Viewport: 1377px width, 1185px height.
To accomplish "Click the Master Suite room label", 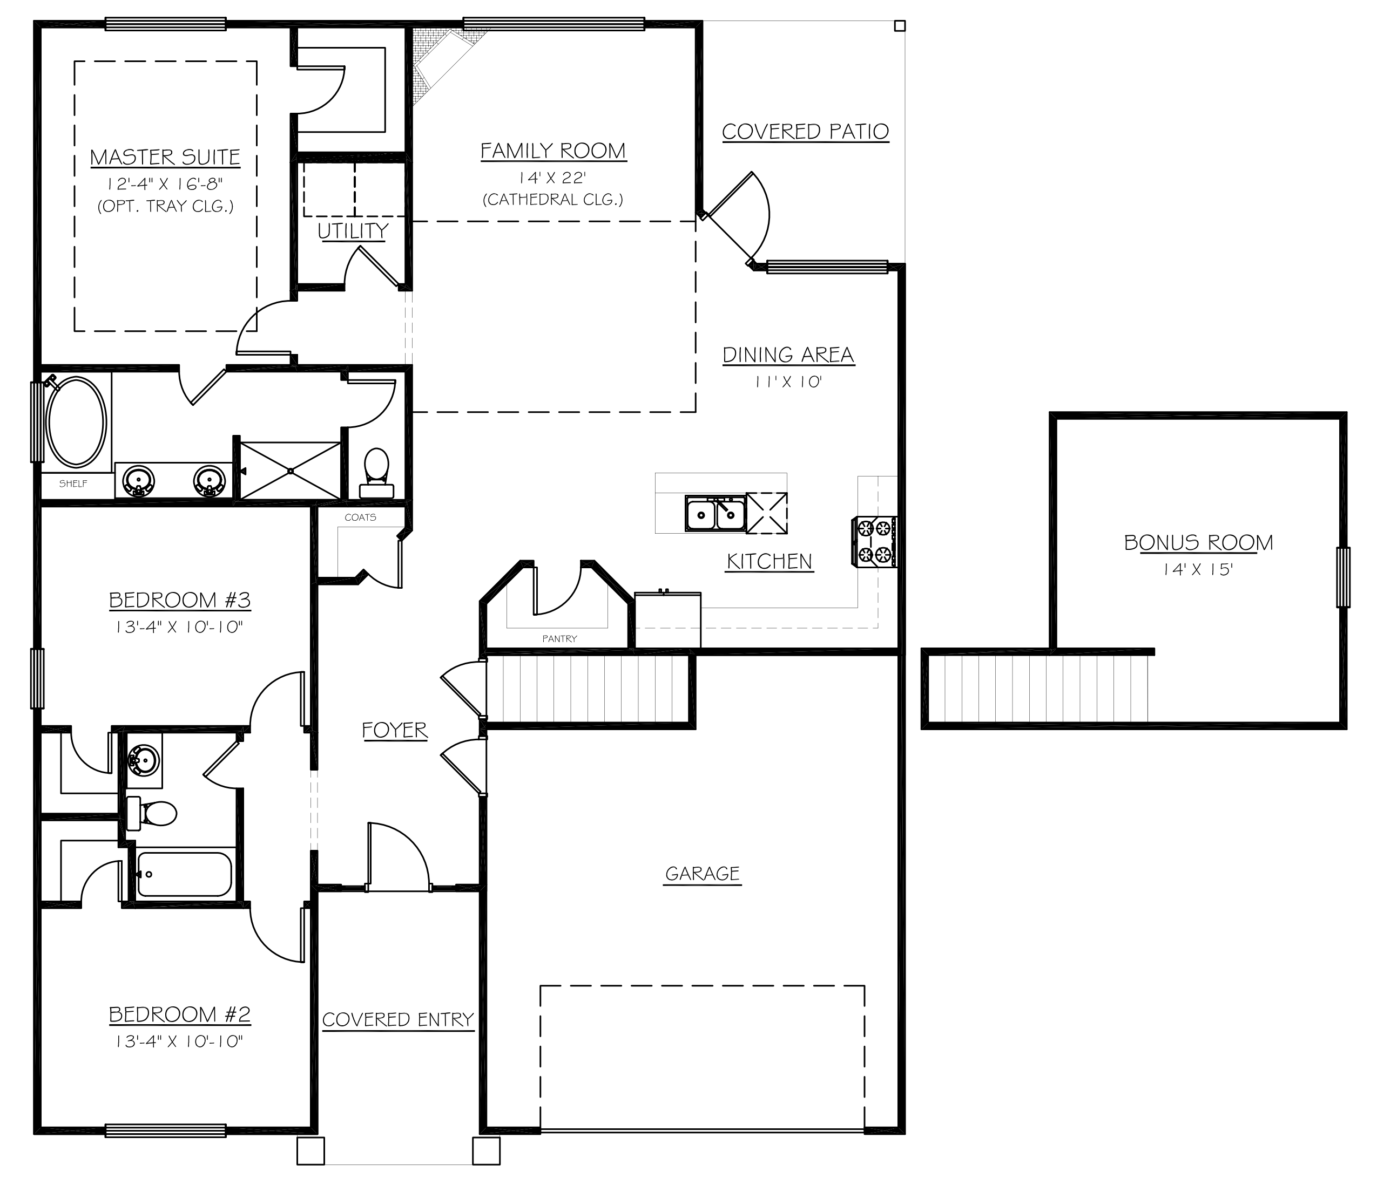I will (165, 158).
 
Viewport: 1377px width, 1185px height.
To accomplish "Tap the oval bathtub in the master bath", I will (77, 423).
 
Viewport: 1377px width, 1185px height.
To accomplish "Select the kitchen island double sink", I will (715, 514).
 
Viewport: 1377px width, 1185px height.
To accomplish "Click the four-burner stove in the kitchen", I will (874, 541).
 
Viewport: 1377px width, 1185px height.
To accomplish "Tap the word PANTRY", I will (559, 638).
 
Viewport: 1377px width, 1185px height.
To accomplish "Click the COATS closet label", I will (360, 517).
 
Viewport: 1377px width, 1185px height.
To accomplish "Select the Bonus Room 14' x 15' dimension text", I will (1198, 569).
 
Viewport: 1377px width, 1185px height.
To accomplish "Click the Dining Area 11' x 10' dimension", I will (788, 382).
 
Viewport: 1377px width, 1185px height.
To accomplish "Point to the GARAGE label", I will (703, 874).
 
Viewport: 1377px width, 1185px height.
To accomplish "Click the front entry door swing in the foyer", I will (397, 857).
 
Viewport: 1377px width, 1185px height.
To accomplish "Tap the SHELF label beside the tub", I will (73, 483).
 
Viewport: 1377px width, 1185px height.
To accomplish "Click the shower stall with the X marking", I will (291, 471).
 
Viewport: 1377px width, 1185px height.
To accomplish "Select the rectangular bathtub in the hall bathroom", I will (184, 874).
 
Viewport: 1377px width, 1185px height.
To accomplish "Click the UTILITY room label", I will (353, 231).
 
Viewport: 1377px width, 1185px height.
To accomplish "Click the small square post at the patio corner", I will (900, 26).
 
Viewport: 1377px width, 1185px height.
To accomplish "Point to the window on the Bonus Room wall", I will (1343, 577).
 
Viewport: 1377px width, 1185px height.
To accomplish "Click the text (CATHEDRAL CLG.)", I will (553, 199).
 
